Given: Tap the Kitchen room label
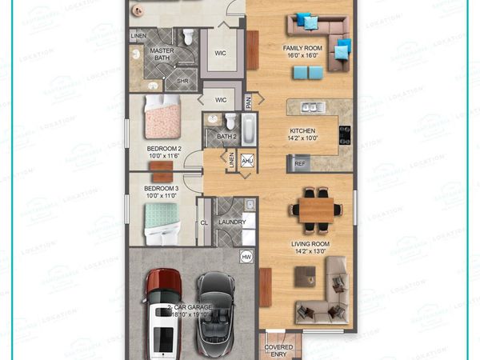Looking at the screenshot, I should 302,134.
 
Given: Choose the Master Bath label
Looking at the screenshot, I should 162,54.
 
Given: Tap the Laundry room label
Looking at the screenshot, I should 232,222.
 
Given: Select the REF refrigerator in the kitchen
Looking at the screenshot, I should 300,164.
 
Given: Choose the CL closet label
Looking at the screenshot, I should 204,222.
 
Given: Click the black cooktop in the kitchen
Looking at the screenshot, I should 345,133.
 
